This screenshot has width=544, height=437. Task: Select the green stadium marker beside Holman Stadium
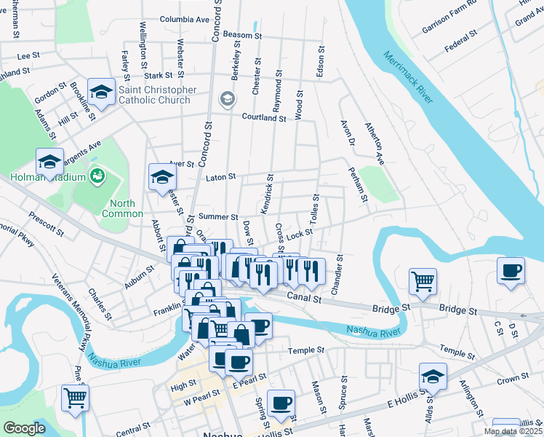(96, 176)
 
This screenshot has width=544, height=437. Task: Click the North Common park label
(122, 208)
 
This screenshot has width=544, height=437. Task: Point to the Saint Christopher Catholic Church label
(157, 95)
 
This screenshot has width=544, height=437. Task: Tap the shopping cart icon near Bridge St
(423, 280)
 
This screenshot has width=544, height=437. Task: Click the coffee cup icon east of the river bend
(511, 272)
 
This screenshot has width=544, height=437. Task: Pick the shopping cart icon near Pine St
(76, 398)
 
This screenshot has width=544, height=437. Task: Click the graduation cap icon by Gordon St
(101, 92)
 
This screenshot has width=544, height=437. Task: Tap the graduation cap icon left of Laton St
(162, 176)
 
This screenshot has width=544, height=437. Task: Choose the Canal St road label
(304, 296)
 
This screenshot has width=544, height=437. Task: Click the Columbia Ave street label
(185, 20)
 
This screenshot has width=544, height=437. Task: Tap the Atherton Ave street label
(374, 141)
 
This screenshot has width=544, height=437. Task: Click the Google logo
(24, 428)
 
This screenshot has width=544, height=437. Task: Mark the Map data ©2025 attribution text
(512, 431)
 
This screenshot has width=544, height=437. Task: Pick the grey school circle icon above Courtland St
(227, 98)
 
